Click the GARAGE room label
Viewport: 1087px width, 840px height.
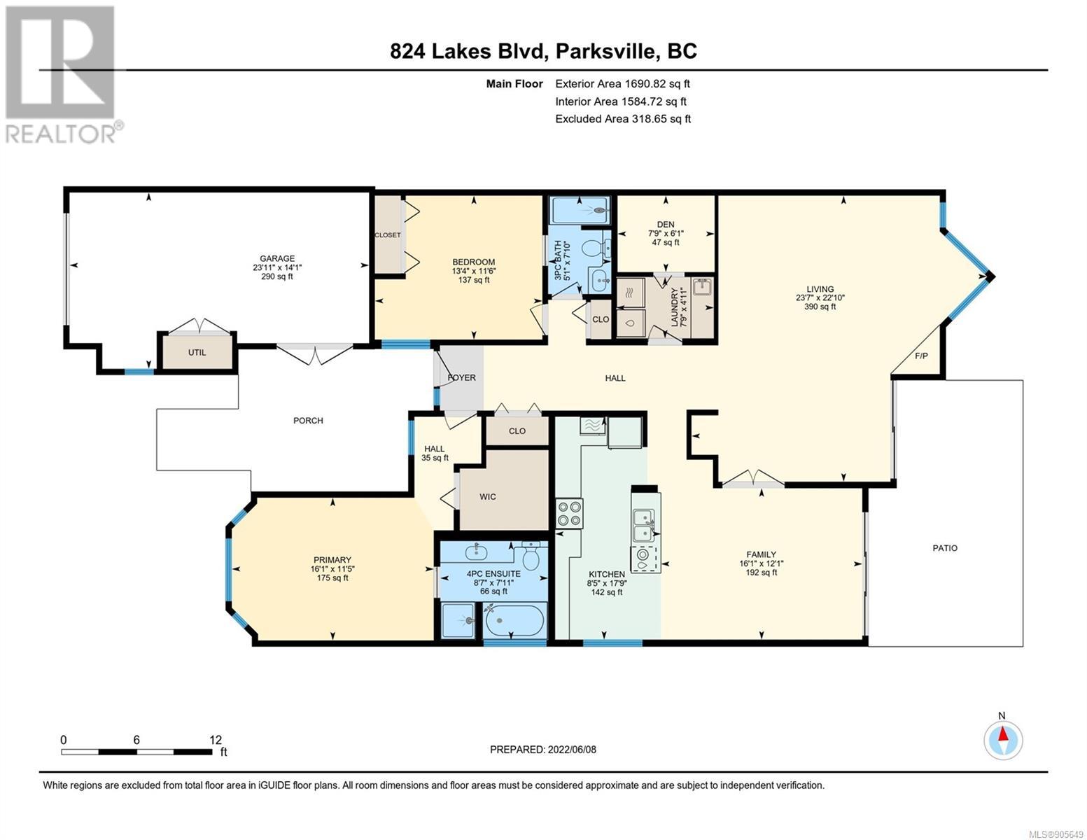point(276,258)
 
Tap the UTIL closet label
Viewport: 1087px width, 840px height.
point(197,352)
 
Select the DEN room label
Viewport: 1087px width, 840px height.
point(666,224)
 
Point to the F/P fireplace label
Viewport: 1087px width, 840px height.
point(921,356)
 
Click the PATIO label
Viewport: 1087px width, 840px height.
point(945,548)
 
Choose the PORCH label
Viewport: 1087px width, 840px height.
point(308,420)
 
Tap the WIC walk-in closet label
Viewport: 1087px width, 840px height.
point(488,496)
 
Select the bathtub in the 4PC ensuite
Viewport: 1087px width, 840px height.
point(514,620)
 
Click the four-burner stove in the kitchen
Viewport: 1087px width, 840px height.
point(570,513)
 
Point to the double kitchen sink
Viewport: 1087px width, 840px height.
point(643,525)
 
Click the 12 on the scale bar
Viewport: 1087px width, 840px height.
point(216,740)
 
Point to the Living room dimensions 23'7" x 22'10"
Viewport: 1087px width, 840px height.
point(820,297)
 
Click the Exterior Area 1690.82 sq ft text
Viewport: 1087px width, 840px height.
point(622,84)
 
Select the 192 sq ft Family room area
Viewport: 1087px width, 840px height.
point(761,572)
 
